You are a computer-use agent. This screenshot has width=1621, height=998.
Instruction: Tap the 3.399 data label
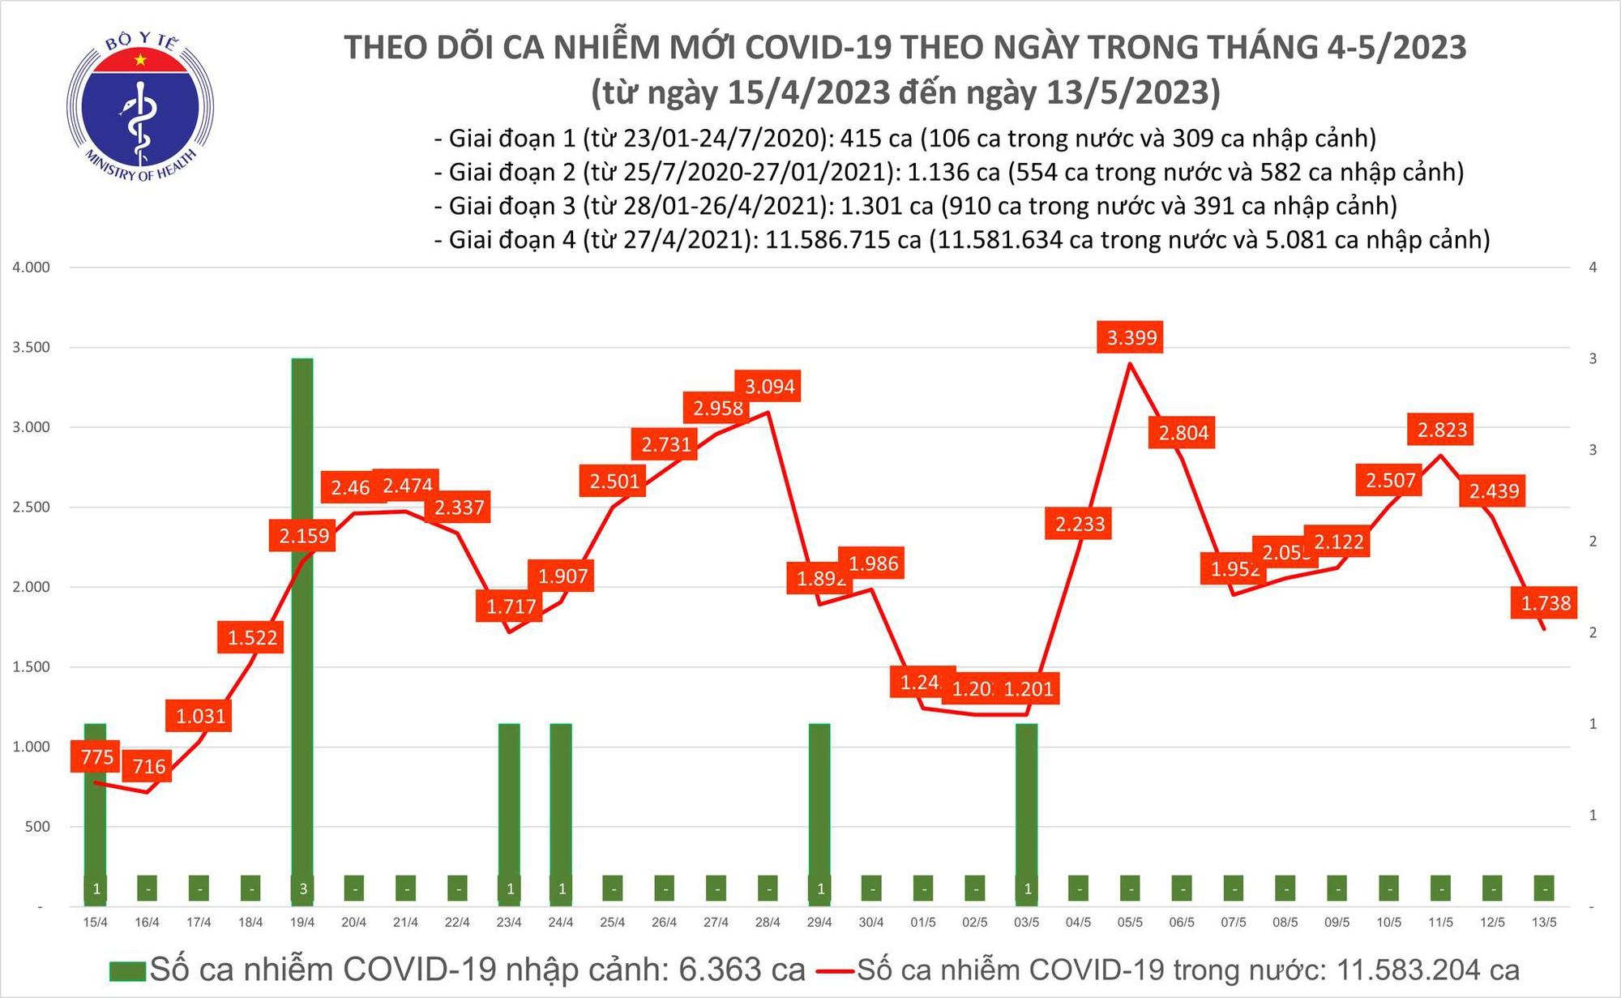click(x=1131, y=337)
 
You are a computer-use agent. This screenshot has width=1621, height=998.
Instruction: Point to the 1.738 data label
click(x=1545, y=603)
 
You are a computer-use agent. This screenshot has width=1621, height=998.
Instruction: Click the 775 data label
click(x=96, y=757)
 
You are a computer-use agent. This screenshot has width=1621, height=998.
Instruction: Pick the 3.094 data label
click(x=769, y=387)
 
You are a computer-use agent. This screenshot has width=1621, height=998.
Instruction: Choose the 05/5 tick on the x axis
click(x=1130, y=923)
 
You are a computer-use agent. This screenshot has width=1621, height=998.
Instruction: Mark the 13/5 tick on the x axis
click(x=1544, y=923)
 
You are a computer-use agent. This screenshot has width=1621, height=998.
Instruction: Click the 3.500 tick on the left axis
click(x=31, y=347)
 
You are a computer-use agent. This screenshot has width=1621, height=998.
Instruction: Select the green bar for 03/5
click(x=1027, y=811)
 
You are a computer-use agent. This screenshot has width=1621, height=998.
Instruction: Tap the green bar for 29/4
click(x=819, y=811)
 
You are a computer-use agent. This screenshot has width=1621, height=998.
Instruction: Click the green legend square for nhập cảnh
click(x=127, y=970)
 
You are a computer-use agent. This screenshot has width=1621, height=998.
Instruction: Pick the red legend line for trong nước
click(x=835, y=970)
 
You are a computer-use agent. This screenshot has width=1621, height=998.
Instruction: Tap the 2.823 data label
click(x=1441, y=429)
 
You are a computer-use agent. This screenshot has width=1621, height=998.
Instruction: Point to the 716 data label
click(x=148, y=766)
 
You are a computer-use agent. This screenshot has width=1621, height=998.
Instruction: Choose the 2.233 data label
click(x=1079, y=525)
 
